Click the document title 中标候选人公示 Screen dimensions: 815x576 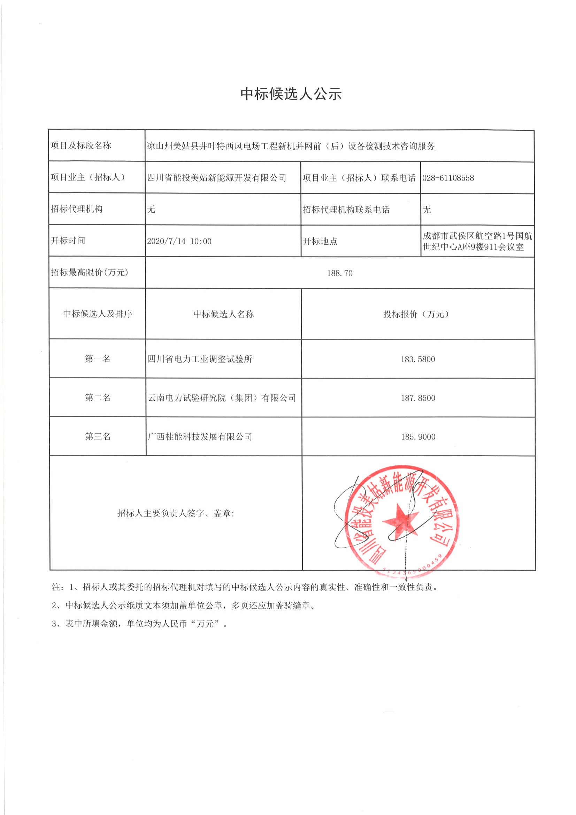click(291, 94)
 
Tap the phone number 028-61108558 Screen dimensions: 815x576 click(448, 178)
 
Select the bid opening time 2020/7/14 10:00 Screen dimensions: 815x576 click(179, 241)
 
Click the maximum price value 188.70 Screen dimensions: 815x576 click(340, 273)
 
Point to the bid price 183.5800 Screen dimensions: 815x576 click(418, 359)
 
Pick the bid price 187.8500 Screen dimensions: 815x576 click(418, 398)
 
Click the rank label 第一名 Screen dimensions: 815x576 click(98, 359)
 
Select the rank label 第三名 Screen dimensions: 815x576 click(98, 436)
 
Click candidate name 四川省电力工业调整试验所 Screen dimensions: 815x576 click(200, 359)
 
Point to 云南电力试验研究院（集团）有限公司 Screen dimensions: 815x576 click(222, 398)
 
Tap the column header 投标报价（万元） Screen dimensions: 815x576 click(418, 314)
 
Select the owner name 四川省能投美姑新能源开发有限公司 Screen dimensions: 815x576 click(216, 178)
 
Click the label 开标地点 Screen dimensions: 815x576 click(320, 241)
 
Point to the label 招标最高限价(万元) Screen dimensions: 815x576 click(90, 273)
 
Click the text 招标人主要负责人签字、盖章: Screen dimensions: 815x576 click(176, 513)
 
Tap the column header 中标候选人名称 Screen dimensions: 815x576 click(223, 314)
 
